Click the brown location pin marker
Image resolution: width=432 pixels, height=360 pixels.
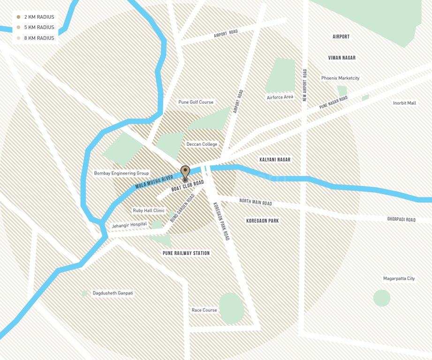click(185, 172)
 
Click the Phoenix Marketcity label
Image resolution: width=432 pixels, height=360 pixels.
click(340, 78)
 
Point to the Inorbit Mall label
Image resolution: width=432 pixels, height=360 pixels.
click(404, 103)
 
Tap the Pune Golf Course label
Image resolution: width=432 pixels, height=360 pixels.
click(196, 102)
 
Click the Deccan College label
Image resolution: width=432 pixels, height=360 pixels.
click(202, 144)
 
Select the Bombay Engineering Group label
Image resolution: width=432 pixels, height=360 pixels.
click(121, 173)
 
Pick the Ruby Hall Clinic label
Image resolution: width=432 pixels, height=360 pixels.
click(149, 210)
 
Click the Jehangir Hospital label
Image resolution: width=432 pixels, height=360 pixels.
click(129, 225)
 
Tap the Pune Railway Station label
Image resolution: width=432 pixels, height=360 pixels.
click(186, 253)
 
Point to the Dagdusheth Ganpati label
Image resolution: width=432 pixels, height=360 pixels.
click(113, 293)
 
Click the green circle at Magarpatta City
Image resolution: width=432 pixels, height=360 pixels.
click(381, 298)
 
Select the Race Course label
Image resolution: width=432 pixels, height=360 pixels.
click(204, 310)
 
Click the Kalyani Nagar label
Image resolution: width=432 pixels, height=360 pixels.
click(275, 160)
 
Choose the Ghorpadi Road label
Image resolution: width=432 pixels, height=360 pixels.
click(401, 219)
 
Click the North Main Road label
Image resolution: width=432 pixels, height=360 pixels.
click(256, 202)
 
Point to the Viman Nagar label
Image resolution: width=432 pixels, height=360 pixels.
click(341, 58)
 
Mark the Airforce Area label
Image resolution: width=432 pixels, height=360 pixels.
click(280, 97)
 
